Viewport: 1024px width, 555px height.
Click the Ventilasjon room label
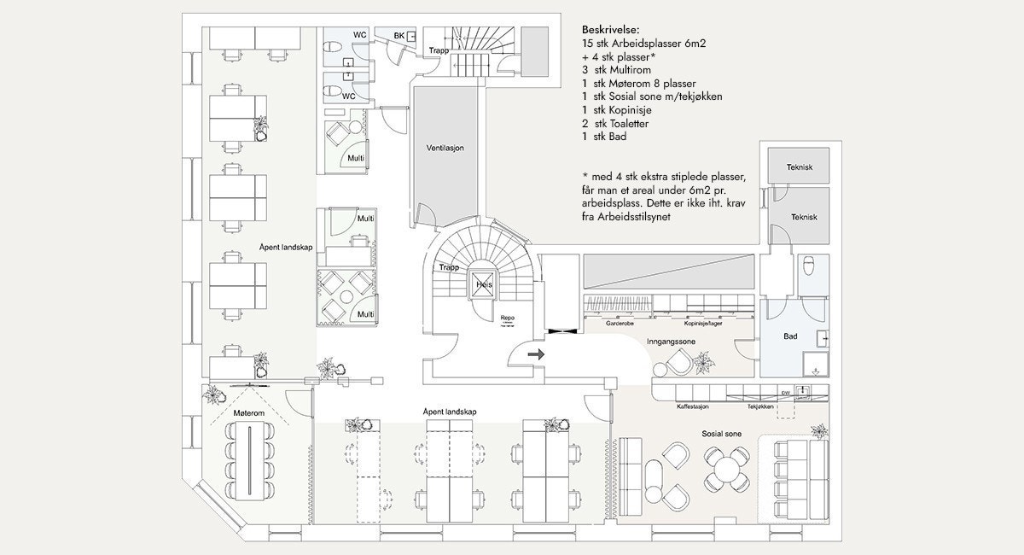(x=445, y=148)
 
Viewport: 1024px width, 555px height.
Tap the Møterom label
(x=248, y=413)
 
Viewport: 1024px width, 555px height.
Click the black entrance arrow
(x=537, y=353)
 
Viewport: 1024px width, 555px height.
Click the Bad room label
(x=790, y=336)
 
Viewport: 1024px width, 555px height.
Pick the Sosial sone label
(x=722, y=434)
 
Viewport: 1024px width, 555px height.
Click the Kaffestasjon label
(x=694, y=407)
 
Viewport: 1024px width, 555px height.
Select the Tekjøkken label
(x=760, y=407)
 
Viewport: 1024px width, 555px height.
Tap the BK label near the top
(x=399, y=35)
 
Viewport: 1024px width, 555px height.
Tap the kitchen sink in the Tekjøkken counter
(x=803, y=390)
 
